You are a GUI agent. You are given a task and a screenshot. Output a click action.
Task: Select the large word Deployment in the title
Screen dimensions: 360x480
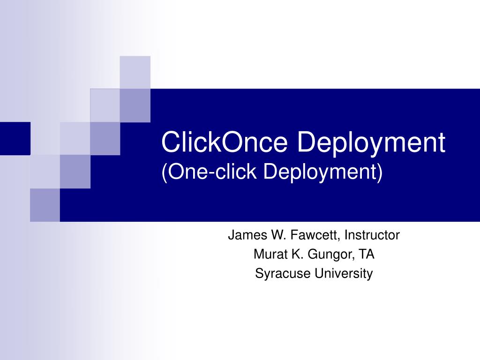[371, 143]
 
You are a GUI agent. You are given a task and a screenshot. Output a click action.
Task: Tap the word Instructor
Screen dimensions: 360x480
[372, 235]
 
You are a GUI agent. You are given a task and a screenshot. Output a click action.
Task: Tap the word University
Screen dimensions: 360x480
[344, 273]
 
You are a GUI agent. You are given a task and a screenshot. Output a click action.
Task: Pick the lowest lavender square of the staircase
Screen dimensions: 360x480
[45, 205]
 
